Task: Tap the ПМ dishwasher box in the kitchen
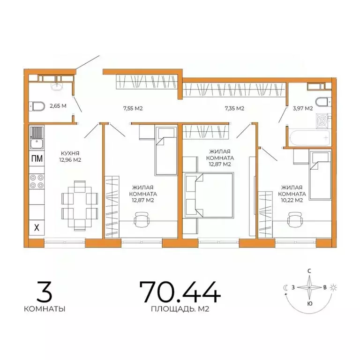pyautogui.click(x=36, y=158)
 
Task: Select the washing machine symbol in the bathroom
pyautogui.click(x=323, y=121)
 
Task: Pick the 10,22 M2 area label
pyautogui.click(x=292, y=200)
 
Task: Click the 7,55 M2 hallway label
pyautogui.click(x=133, y=109)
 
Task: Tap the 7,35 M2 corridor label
pyautogui.click(x=234, y=109)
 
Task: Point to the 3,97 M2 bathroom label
pyautogui.click(x=302, y=109)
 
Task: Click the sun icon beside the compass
pyautogui.click(x=333, y=287)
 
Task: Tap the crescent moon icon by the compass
pyautogui.click(x=285, y=287)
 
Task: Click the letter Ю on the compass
pyautogui.click(x=309, y=303)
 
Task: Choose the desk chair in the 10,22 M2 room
pyautogui.click(x=295, y=218)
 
